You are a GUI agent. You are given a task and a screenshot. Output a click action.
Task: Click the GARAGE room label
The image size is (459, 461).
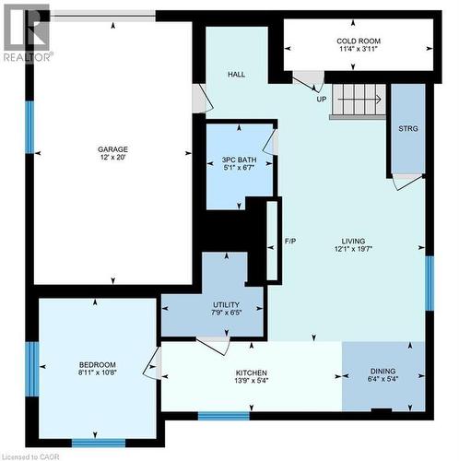pyautogui.click(x=113, y=149)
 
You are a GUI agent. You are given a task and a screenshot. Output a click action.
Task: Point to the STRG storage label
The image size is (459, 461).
pyautogui.click(x=408, y=128)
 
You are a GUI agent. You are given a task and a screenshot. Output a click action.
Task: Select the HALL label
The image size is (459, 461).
pyautogui.click(x=237, y=77)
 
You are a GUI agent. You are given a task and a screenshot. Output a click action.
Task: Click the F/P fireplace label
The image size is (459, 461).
pyautogui.click(x=289, y=242)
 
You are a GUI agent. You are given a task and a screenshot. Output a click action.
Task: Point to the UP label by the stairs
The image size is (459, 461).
pyautogui.click(x=321, y=99)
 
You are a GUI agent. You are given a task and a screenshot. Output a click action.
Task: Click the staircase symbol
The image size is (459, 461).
pyautogui.click(x=357, y=98)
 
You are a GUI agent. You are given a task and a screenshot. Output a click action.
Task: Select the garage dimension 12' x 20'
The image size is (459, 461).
pyautogui.click(x=113, y=159)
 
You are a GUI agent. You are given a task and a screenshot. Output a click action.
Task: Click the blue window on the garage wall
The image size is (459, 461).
pyautogui.click(x=29, y=126)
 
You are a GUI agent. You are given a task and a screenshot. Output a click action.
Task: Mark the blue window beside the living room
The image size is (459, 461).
pyautogui.click(x=430, y=282)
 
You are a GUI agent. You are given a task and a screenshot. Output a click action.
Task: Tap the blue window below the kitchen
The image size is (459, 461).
pyautogui.click(x=224, y=416)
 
